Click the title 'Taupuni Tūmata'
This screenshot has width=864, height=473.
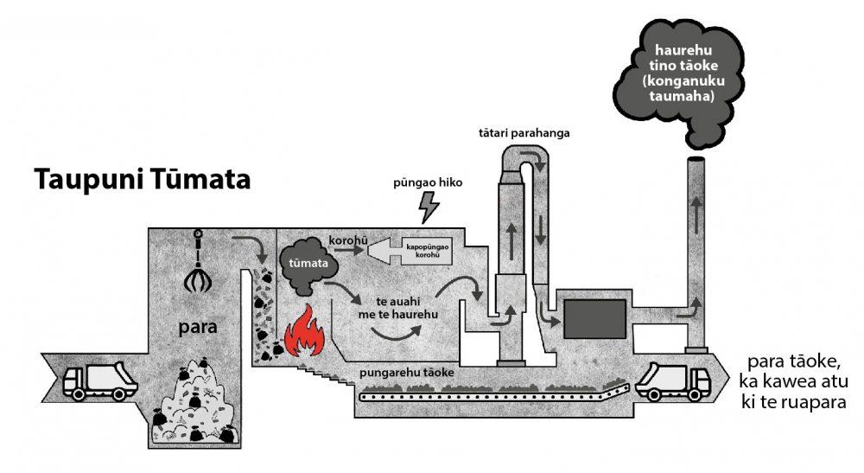pos(143,180)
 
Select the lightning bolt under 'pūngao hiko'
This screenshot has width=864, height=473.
pos(429,208)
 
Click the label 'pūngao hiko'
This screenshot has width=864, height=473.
pos(428,182)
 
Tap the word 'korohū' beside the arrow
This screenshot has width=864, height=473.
pos(348,240)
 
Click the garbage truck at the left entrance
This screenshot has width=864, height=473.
pos(99,380)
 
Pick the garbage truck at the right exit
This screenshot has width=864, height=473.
pos(672,380)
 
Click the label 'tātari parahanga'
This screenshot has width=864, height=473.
pos(524,133)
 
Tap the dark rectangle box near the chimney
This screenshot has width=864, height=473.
pos(595,318)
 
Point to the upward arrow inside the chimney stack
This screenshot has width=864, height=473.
pos(696,215)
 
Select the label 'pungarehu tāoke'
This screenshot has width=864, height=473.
pos(407,373)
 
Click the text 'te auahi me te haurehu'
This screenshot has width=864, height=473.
pos(398,308)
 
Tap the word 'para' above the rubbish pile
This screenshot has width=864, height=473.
pos(198,327)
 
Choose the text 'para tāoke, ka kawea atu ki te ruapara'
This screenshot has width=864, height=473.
pos(793,382)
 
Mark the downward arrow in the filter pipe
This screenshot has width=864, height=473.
pos(541,229)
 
